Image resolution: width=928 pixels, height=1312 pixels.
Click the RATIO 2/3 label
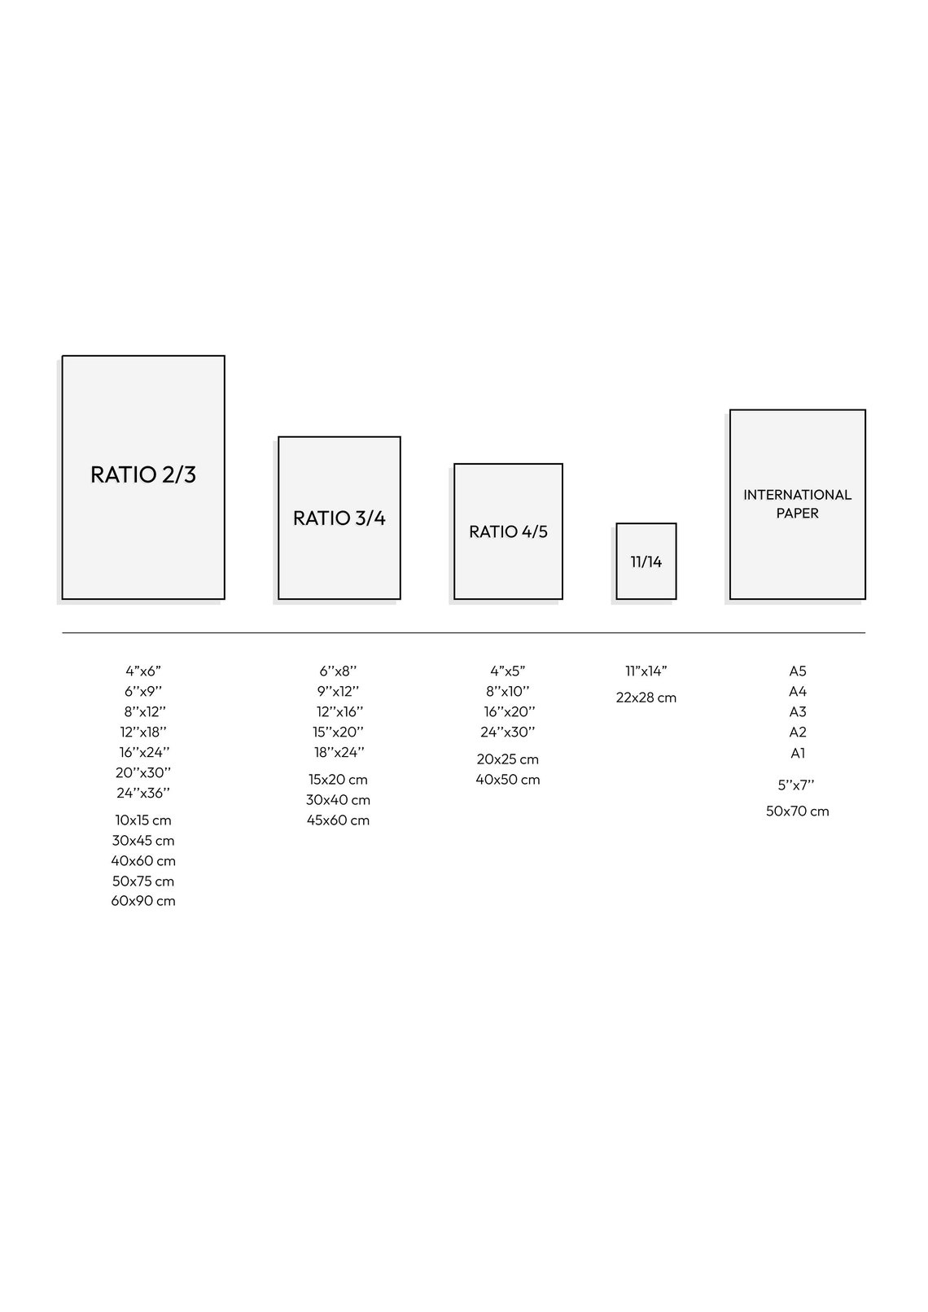(143, 475)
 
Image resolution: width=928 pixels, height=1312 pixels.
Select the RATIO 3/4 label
(339, 518)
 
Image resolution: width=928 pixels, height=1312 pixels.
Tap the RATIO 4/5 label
(508, 531)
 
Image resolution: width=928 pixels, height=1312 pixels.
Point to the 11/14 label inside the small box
(646, 562)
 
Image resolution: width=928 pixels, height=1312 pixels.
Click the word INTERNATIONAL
(797, 495)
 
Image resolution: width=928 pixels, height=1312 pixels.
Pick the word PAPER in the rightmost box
(797, 513)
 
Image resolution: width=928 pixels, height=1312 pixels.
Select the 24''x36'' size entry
(143, 793)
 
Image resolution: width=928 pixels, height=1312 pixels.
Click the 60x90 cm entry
(143, 901)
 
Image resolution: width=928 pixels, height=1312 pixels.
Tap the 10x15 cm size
(143, 820)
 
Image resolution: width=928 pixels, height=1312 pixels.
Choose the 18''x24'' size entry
(339, 752)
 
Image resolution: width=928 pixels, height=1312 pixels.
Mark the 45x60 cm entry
(338, 820)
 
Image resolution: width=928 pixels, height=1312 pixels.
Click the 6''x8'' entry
(338, 671)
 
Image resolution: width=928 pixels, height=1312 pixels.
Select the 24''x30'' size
(507, 732)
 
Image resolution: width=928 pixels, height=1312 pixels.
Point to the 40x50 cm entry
(507, 780)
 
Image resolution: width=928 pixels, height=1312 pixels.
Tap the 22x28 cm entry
(646, 698)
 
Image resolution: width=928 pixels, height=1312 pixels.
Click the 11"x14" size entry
(646, 671)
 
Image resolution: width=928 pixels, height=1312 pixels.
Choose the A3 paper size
(798, 711)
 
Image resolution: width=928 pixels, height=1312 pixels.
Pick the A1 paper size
(798, 753)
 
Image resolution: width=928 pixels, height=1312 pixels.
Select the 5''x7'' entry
(796, 785)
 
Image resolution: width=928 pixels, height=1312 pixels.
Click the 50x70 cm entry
(798, 811)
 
